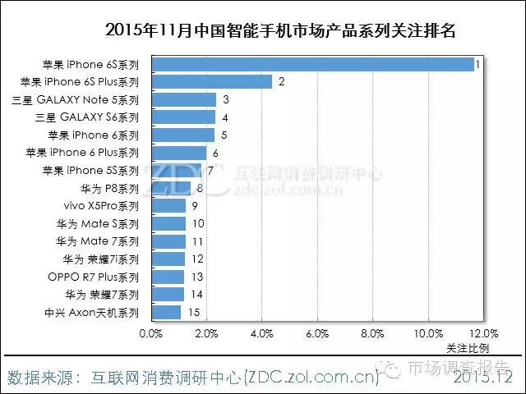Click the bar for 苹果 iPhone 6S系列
312,64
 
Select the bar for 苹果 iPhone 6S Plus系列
211,81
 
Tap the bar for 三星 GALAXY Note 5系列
183,99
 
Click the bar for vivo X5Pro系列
168,205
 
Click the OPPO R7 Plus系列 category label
94,277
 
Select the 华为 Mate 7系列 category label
98,241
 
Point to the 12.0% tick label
483,334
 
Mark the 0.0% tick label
151,334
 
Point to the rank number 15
194,312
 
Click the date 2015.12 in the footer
482,378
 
